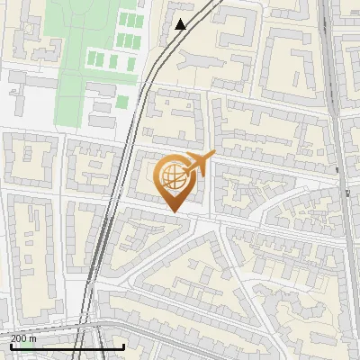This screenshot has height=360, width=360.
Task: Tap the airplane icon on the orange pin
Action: click(199, 164)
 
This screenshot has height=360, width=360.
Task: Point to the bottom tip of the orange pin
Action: click(175, 211)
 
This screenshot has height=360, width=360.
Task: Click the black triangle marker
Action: click(181, 24)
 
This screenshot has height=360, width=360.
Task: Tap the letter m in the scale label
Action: click(32, 338)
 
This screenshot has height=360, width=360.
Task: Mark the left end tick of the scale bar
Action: click(10, 346)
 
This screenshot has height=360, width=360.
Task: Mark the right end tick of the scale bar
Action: click(123, 346)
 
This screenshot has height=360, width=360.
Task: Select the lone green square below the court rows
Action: click(121, 102)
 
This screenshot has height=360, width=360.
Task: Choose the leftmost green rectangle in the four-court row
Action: click(91, 60)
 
